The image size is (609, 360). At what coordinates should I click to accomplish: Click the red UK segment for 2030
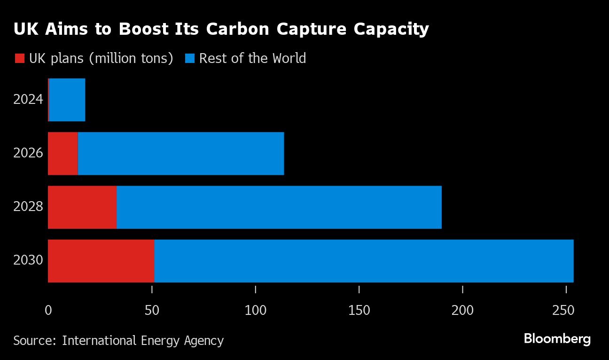point(101,261)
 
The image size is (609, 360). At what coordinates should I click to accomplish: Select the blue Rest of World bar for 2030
point(364,261)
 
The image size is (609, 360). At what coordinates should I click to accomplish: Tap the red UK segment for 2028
point(82,207)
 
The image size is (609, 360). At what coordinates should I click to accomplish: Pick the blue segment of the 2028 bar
point(279,207)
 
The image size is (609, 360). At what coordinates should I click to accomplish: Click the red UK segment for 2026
point(63,154)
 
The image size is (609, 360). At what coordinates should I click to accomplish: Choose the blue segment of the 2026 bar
point(181,154)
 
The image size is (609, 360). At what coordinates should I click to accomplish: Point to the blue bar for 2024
point(67,100)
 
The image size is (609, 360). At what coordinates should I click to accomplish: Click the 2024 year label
point(28,100)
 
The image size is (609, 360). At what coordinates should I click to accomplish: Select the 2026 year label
point(28,153)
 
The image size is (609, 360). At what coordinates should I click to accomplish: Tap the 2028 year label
point(28,207)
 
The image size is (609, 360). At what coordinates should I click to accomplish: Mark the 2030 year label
point(28,260)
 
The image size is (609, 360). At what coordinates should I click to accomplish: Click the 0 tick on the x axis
point(48,310)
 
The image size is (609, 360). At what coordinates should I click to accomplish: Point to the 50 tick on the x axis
point(152,310)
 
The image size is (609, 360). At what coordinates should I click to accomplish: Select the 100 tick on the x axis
point(256,310)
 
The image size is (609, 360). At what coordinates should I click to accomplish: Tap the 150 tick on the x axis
point(359,310)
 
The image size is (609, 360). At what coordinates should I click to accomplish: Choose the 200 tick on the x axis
point(463,310)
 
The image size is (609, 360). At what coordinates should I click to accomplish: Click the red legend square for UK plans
point(19,59)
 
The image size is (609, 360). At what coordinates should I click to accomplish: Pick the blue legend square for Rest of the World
point(190,59)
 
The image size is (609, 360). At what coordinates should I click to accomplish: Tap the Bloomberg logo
point(557,339)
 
